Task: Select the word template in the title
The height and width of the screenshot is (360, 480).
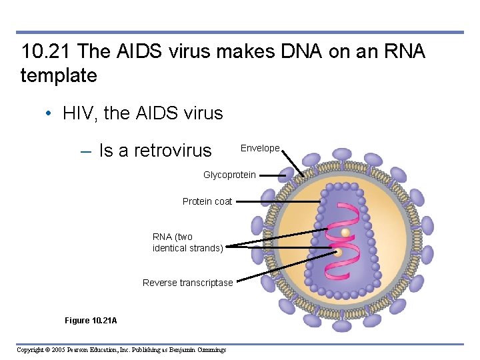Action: coord(59,75)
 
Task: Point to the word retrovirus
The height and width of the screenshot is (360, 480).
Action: coord(173,151)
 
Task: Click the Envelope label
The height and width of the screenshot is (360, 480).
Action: coord(260,148)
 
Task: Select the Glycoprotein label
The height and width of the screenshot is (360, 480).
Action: coord(229,175)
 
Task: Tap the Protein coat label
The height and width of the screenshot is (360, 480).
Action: coord(207,201)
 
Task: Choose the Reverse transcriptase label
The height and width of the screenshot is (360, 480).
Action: coord(188,283)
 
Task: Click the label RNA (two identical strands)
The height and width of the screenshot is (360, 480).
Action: coord(187,242)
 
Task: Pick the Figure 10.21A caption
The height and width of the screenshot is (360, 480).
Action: coord(91,321)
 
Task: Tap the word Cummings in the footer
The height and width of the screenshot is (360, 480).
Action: coord(208,350)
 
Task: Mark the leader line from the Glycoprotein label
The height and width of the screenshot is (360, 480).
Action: coord(273,175)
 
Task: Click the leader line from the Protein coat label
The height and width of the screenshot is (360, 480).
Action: coord(277,201)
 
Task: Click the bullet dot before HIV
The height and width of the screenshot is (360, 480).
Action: coord(49,113)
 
